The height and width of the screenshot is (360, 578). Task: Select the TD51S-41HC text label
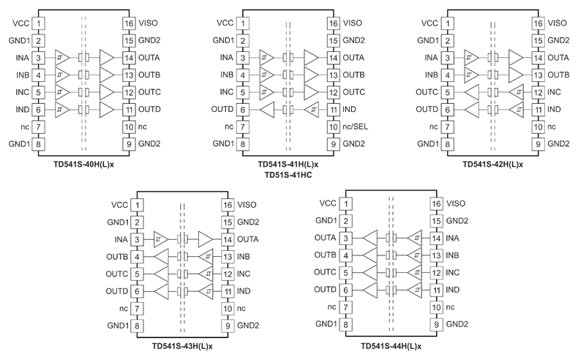click(288, 175)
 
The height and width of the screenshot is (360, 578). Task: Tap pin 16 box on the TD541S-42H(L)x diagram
click(537, 23)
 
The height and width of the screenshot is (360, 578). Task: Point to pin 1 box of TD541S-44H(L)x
click(347, 203)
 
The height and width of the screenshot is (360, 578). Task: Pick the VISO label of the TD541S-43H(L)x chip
click(247, 204)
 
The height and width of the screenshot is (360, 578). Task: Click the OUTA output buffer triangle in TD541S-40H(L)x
click(108, 57)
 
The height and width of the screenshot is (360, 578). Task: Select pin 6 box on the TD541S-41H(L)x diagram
click(242, 109)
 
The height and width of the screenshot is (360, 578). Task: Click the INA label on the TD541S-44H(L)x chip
click(454, 238)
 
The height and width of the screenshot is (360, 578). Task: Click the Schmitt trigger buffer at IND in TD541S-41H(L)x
click(312, 109)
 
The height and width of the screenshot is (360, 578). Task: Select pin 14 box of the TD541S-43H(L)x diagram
click(228, 239)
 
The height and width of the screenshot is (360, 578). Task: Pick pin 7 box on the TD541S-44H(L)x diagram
click(347, 307)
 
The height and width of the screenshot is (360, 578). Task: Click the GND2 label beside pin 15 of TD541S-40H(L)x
click(150, 40)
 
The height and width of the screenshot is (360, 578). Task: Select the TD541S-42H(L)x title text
click(492, 164)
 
